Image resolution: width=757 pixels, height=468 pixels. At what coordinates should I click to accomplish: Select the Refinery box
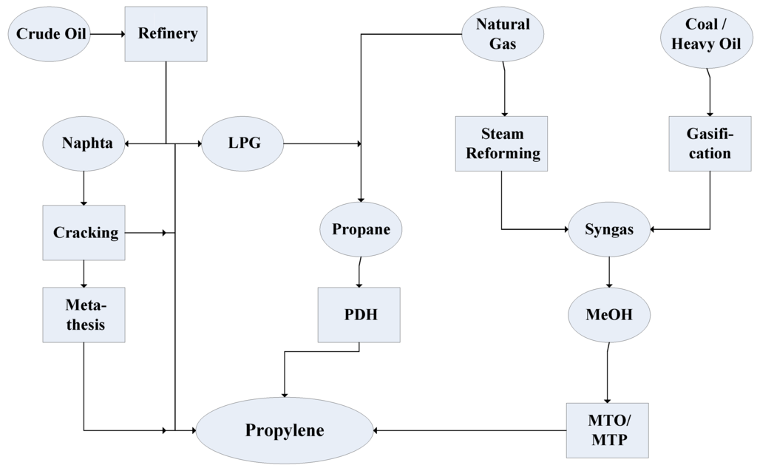[x=166, y=34]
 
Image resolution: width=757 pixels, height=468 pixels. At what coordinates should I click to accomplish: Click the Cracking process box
[x=84, y=233]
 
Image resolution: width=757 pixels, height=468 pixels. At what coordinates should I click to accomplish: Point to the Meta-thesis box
[x=84, y=315]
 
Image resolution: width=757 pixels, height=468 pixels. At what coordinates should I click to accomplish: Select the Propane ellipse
[x=360, y=229]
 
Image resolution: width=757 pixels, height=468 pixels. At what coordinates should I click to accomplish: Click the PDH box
[x=359, y=315]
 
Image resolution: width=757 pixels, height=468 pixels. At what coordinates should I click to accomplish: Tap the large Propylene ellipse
[x=285, y=430]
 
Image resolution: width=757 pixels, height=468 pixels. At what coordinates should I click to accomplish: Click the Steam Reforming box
[x=502, y=143]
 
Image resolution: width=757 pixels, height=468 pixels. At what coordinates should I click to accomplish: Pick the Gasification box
[x=709, y=143]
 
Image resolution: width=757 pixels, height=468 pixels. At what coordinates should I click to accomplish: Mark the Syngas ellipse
[x=609, y=229]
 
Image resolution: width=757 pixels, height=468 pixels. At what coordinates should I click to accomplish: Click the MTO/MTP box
[x=607, y=430]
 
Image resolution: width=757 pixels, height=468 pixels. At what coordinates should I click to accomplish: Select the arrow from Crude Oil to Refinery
[x=107, y=34]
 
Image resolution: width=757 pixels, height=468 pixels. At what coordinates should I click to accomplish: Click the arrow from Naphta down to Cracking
[x=84, y=189]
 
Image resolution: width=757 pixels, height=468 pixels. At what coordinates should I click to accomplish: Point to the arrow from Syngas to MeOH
[x=608, y=271]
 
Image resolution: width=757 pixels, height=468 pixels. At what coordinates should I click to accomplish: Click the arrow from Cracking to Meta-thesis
[x=84, y=274]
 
